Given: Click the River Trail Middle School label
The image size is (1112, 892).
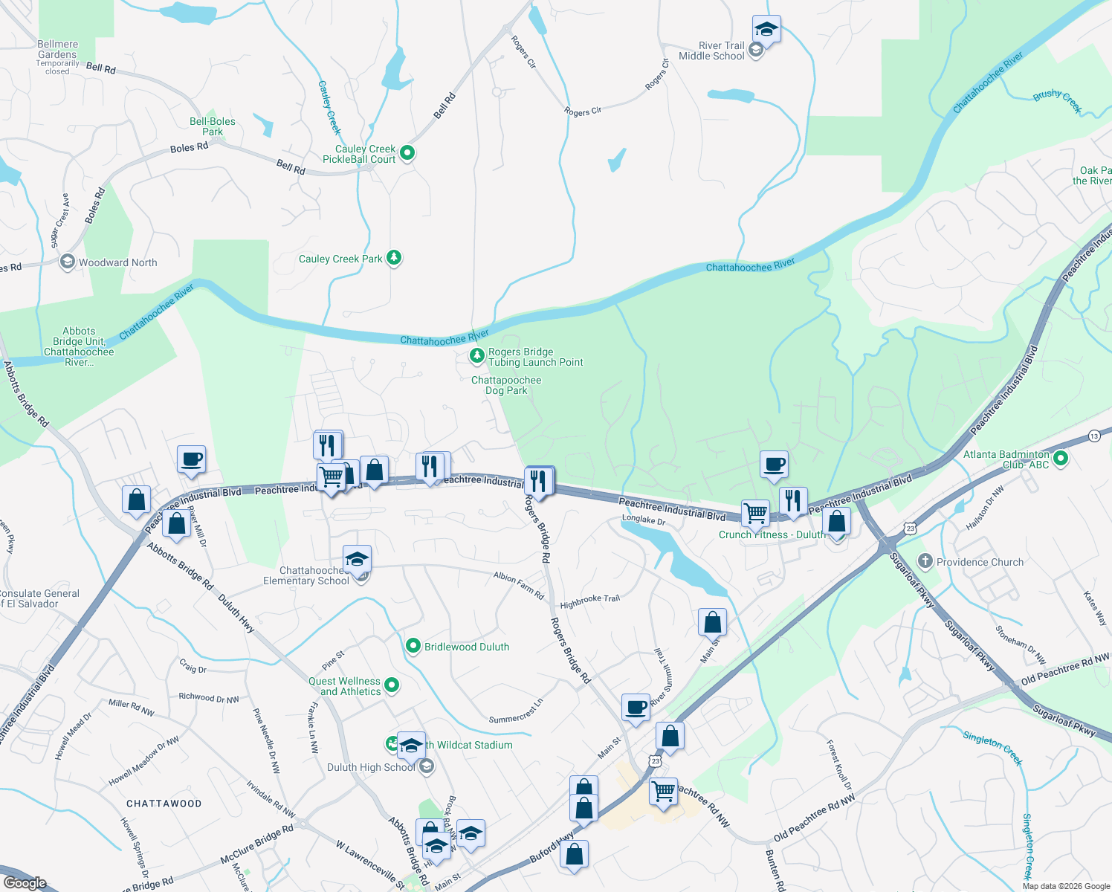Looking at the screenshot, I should point(711,51).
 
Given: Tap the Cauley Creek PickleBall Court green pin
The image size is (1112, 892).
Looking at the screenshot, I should point(407,153).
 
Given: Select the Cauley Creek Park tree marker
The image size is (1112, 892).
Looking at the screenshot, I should point(394,258).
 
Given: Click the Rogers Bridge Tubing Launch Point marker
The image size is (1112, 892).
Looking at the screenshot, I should point(477,356).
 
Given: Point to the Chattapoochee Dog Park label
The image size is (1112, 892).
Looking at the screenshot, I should point(506,385).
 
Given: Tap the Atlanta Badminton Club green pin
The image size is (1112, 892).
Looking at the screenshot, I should point(1061,459).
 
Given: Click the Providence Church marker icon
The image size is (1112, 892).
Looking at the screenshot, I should point(925,561).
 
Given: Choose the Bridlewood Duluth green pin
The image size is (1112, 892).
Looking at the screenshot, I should point(413,647).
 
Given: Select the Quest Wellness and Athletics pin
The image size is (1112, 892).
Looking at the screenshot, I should point(392,685).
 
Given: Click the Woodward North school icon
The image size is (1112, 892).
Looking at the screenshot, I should point(68,262).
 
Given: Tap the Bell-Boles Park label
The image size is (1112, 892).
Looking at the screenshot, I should point(213,126).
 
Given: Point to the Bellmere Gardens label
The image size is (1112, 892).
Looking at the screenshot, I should point(57,49).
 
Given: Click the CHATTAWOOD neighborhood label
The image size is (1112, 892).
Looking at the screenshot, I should point(164,804).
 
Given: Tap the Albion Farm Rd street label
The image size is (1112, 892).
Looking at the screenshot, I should point(519,586).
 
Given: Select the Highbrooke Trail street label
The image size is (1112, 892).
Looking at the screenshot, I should point(589,601).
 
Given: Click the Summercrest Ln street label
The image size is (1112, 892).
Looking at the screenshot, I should point(516,712).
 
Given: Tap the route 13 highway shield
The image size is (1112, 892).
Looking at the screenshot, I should point(1094,436).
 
